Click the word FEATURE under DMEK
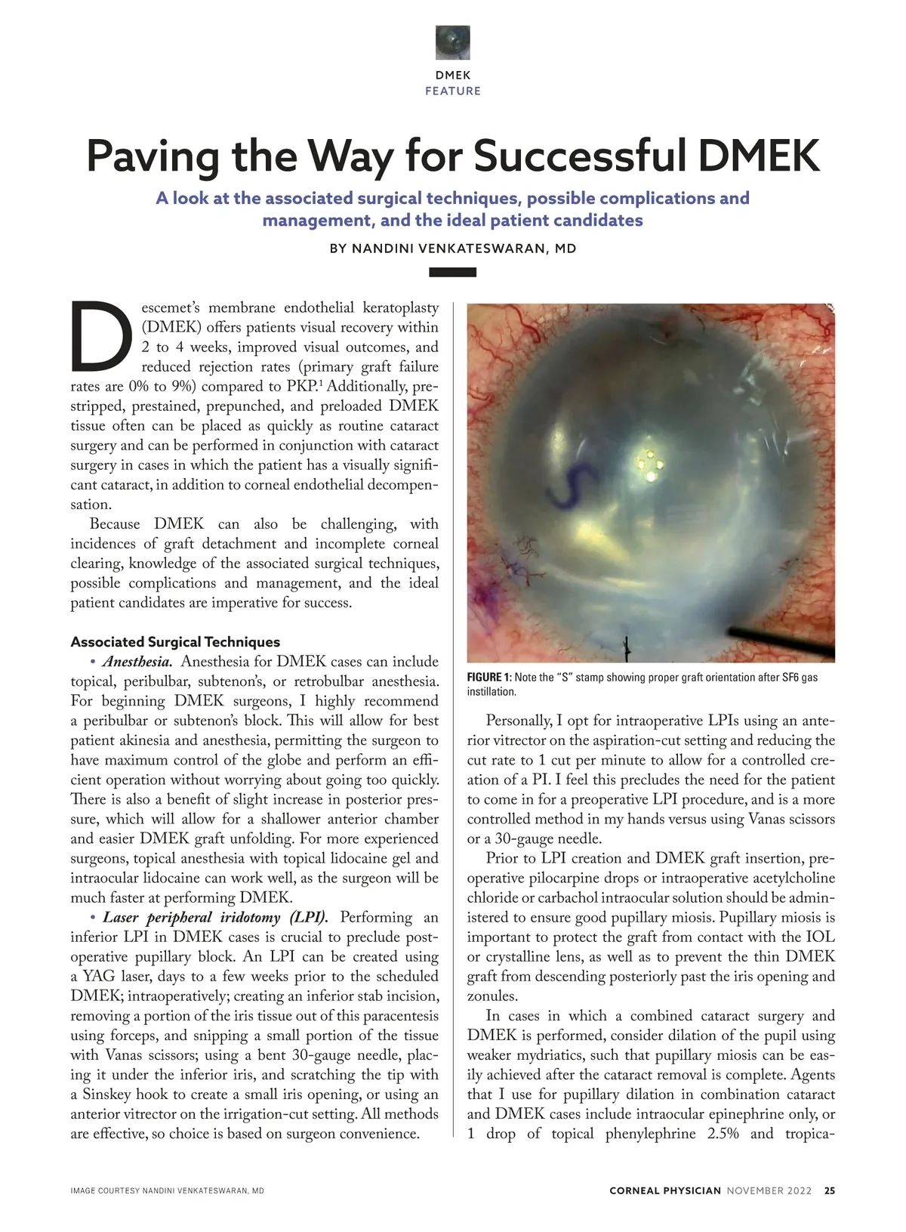click(x=453, y=91)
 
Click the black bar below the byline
click(x=453, y=272)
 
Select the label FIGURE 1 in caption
click(x=488, y=678)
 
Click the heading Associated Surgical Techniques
click(x=175, y=642)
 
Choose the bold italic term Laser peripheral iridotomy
click(x=215, y=918)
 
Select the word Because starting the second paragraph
click(x=115, y=524)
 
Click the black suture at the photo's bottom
click(x=626, y=647)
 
